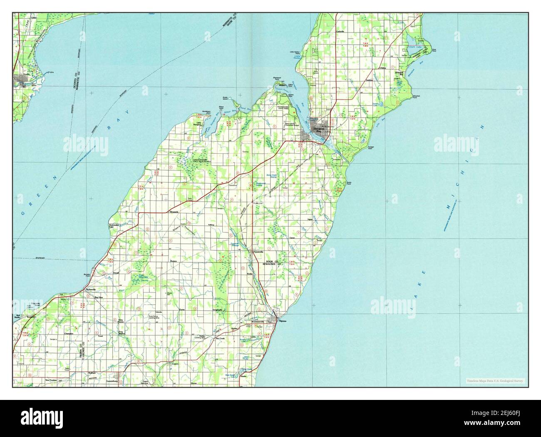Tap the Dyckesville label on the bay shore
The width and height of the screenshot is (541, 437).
91,289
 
